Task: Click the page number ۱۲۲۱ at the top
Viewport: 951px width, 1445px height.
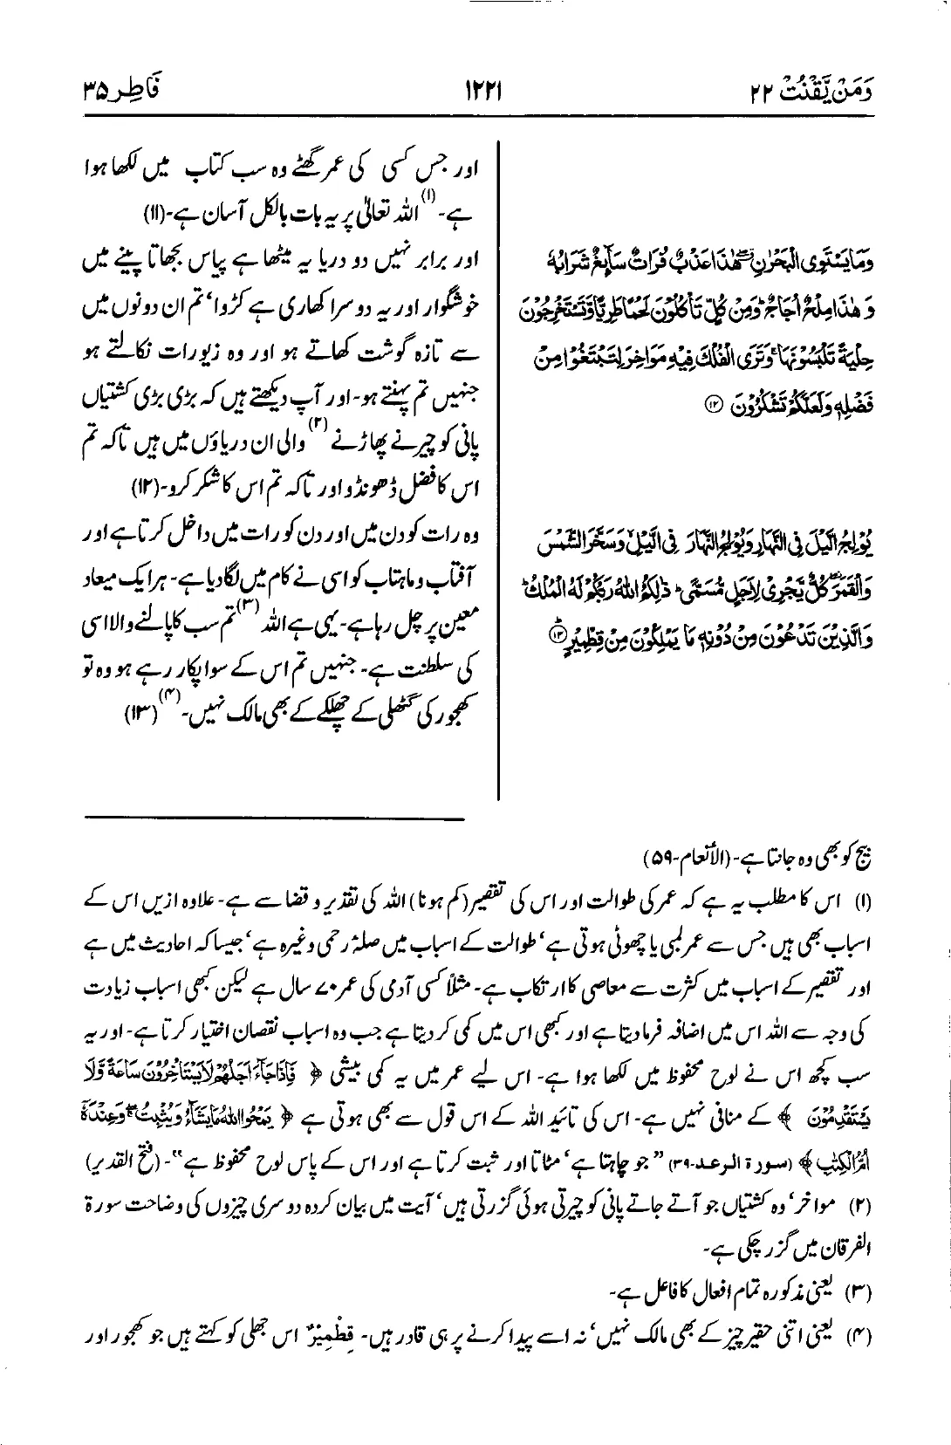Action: point(475,90)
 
